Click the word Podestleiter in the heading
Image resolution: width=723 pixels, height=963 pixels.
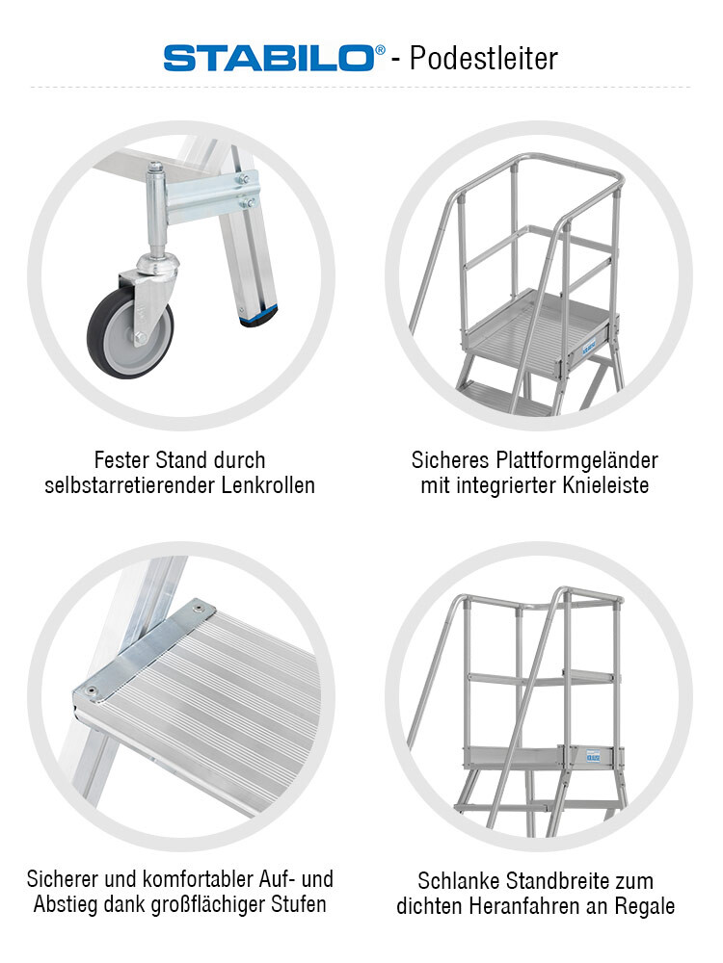point(483,59)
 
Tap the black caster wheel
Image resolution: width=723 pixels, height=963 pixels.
point(130,331)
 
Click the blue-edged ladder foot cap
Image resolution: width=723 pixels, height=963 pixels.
point(258,317)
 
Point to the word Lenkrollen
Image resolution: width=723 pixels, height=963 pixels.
point(268,485)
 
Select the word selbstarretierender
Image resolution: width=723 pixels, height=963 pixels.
point(130,485)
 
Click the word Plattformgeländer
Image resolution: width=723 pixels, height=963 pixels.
point(577,460)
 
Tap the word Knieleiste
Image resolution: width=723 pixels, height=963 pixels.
point(605,485)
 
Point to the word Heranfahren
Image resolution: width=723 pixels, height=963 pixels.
point(527,906)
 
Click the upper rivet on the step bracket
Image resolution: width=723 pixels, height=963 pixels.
point(198,609)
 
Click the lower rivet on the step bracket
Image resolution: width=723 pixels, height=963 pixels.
point(92,690)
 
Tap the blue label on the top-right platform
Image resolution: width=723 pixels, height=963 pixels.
point(590,348)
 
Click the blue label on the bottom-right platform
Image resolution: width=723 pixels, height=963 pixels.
point(593,756)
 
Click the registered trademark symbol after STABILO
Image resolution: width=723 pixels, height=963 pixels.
point(380,49)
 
